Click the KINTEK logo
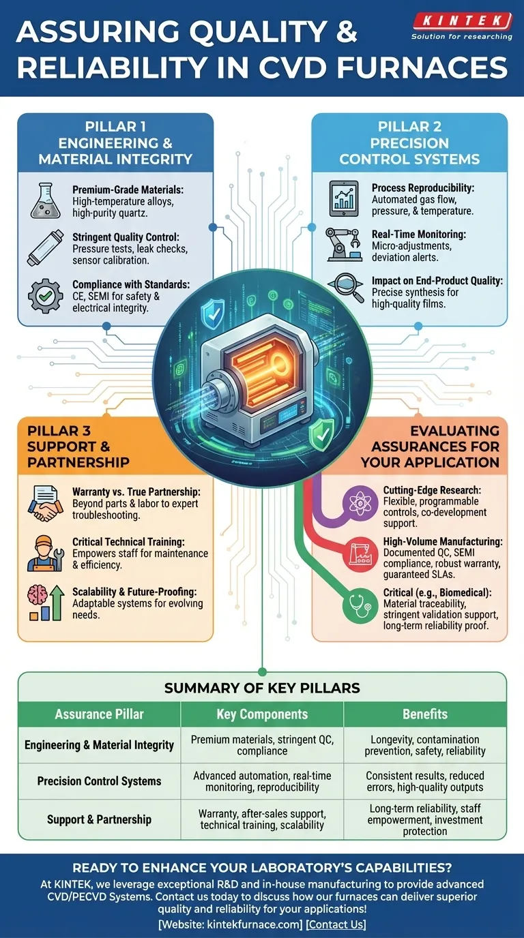pyautogui.click(x=462, y=26)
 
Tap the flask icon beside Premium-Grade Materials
pyautogui.click(x=45, y=200)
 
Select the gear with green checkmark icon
pyautogui.click(x=45, y=296)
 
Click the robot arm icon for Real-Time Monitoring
pyautogui.click(x=344, y=245)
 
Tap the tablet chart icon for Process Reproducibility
pyautogui.click(x=344, y=198)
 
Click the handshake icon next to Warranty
pyautogui.click(x=45, y=503)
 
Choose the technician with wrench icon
pyautogui.click(x=45, y=553)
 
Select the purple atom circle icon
pyautogui.click(x=360, y=503)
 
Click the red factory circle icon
pyautogui.click(x=360, y=554)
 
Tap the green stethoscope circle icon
pyautogui.click(x=360, y=605)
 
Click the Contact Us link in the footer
pyautogui.click(x=336, y=924)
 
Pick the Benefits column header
pyautogui.click(x=425, y=714)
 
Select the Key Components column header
pyautogui.click(x=262, y=714)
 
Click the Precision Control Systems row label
pyautogui.click(x=100, y=781)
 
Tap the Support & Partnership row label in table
pyautogui.click(x=100, y=819)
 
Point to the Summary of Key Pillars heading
pyautogui.click(x=262, y=688)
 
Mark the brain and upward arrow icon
pyautogui.click(x=46, y=603)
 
